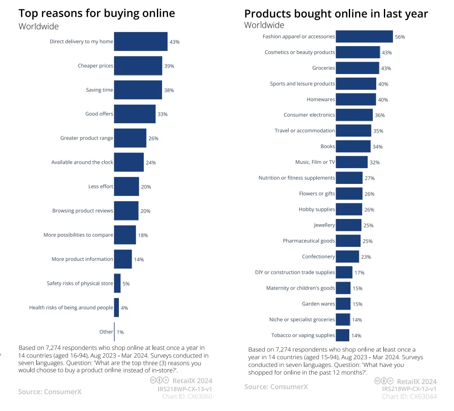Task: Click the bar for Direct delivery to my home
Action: click(140, 41)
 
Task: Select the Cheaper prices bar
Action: click(138, 66)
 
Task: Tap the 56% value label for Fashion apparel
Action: click(400, 37)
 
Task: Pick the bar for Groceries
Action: click(357, 68)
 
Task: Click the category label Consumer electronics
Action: click(309, 115)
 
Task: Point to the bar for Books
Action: click(353, 146)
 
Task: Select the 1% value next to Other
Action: click(120, 332)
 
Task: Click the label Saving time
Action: click(100, 90)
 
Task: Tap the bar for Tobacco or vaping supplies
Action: click(342, 335)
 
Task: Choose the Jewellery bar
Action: click(348, 225)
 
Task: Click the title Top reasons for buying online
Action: click(97, 13)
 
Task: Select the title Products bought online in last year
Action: click(336, 14)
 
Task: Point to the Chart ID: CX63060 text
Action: click(187, 396)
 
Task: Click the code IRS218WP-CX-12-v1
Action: click(409, 389)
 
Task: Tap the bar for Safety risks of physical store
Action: click(117, 284)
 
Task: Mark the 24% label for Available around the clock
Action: click(150, 163)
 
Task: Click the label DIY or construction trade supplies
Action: click(295, 272)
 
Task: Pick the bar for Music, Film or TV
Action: click(351, 162)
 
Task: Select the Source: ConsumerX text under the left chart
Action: click(50, 392)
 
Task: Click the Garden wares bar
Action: click(343, 304)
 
